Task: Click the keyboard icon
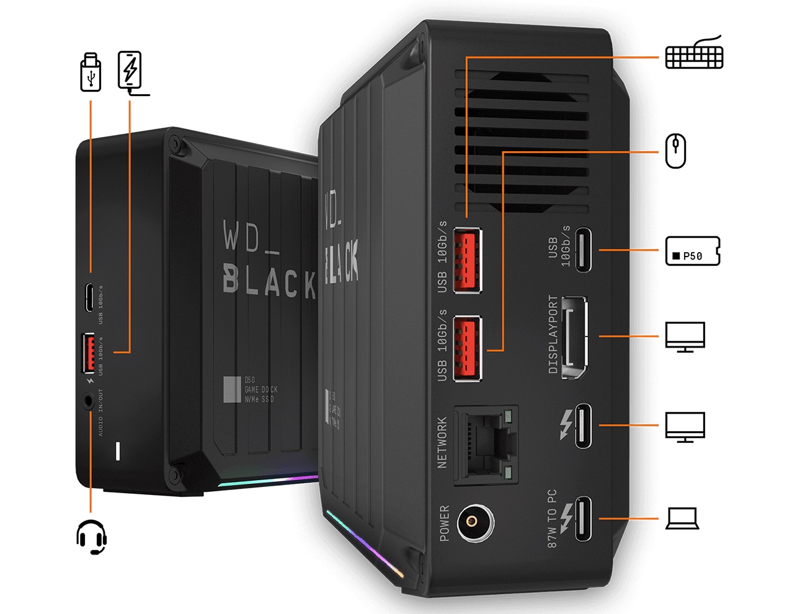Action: click(694, 54)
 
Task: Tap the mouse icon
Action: click(675, 151)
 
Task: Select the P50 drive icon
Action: click(692, 251)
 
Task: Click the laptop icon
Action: click(682, 519)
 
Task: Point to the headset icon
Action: click(92, 537)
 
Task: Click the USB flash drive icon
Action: click(91, 72)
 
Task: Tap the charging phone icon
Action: click(130, 71)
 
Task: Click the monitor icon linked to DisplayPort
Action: click(685, 336)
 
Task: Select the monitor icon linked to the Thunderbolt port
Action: click(685, 426)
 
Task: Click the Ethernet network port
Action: click(487, 444)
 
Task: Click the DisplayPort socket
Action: click(574, 338)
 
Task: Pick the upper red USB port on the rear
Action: click(467, 260)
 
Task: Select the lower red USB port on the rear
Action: click(467, 348)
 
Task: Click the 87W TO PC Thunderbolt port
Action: click(583, 519)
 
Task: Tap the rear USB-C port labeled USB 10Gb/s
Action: click(583, 250)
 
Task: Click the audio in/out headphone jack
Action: click(90, 400)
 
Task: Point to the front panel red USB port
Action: click(88, 353)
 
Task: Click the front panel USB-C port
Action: click(91, 298)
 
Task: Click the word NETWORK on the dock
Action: click(442, 442)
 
